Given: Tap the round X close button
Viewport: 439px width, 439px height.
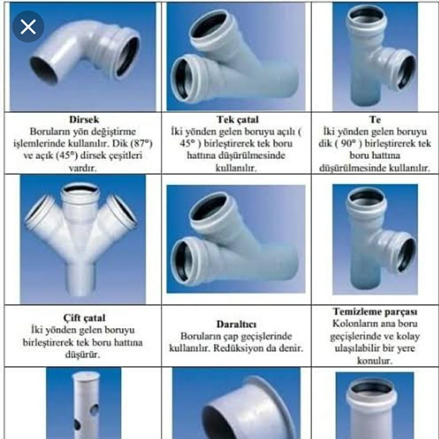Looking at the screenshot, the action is click(28, 27).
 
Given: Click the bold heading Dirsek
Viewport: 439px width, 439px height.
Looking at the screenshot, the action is click(84, 119).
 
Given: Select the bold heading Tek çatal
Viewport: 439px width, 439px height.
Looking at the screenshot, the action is click(238, 119).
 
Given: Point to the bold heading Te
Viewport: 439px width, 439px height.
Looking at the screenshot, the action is click(375, 119).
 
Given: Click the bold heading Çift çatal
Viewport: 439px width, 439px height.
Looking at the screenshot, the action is click(84, 318).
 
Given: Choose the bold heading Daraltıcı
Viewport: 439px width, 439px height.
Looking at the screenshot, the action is click(236, 324).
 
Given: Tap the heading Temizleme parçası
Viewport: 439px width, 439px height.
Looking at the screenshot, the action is click(375, 312).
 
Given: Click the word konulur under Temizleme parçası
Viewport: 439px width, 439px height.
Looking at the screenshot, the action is click(375, 360).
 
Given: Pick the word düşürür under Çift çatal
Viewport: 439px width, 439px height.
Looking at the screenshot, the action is click(82, 355).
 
